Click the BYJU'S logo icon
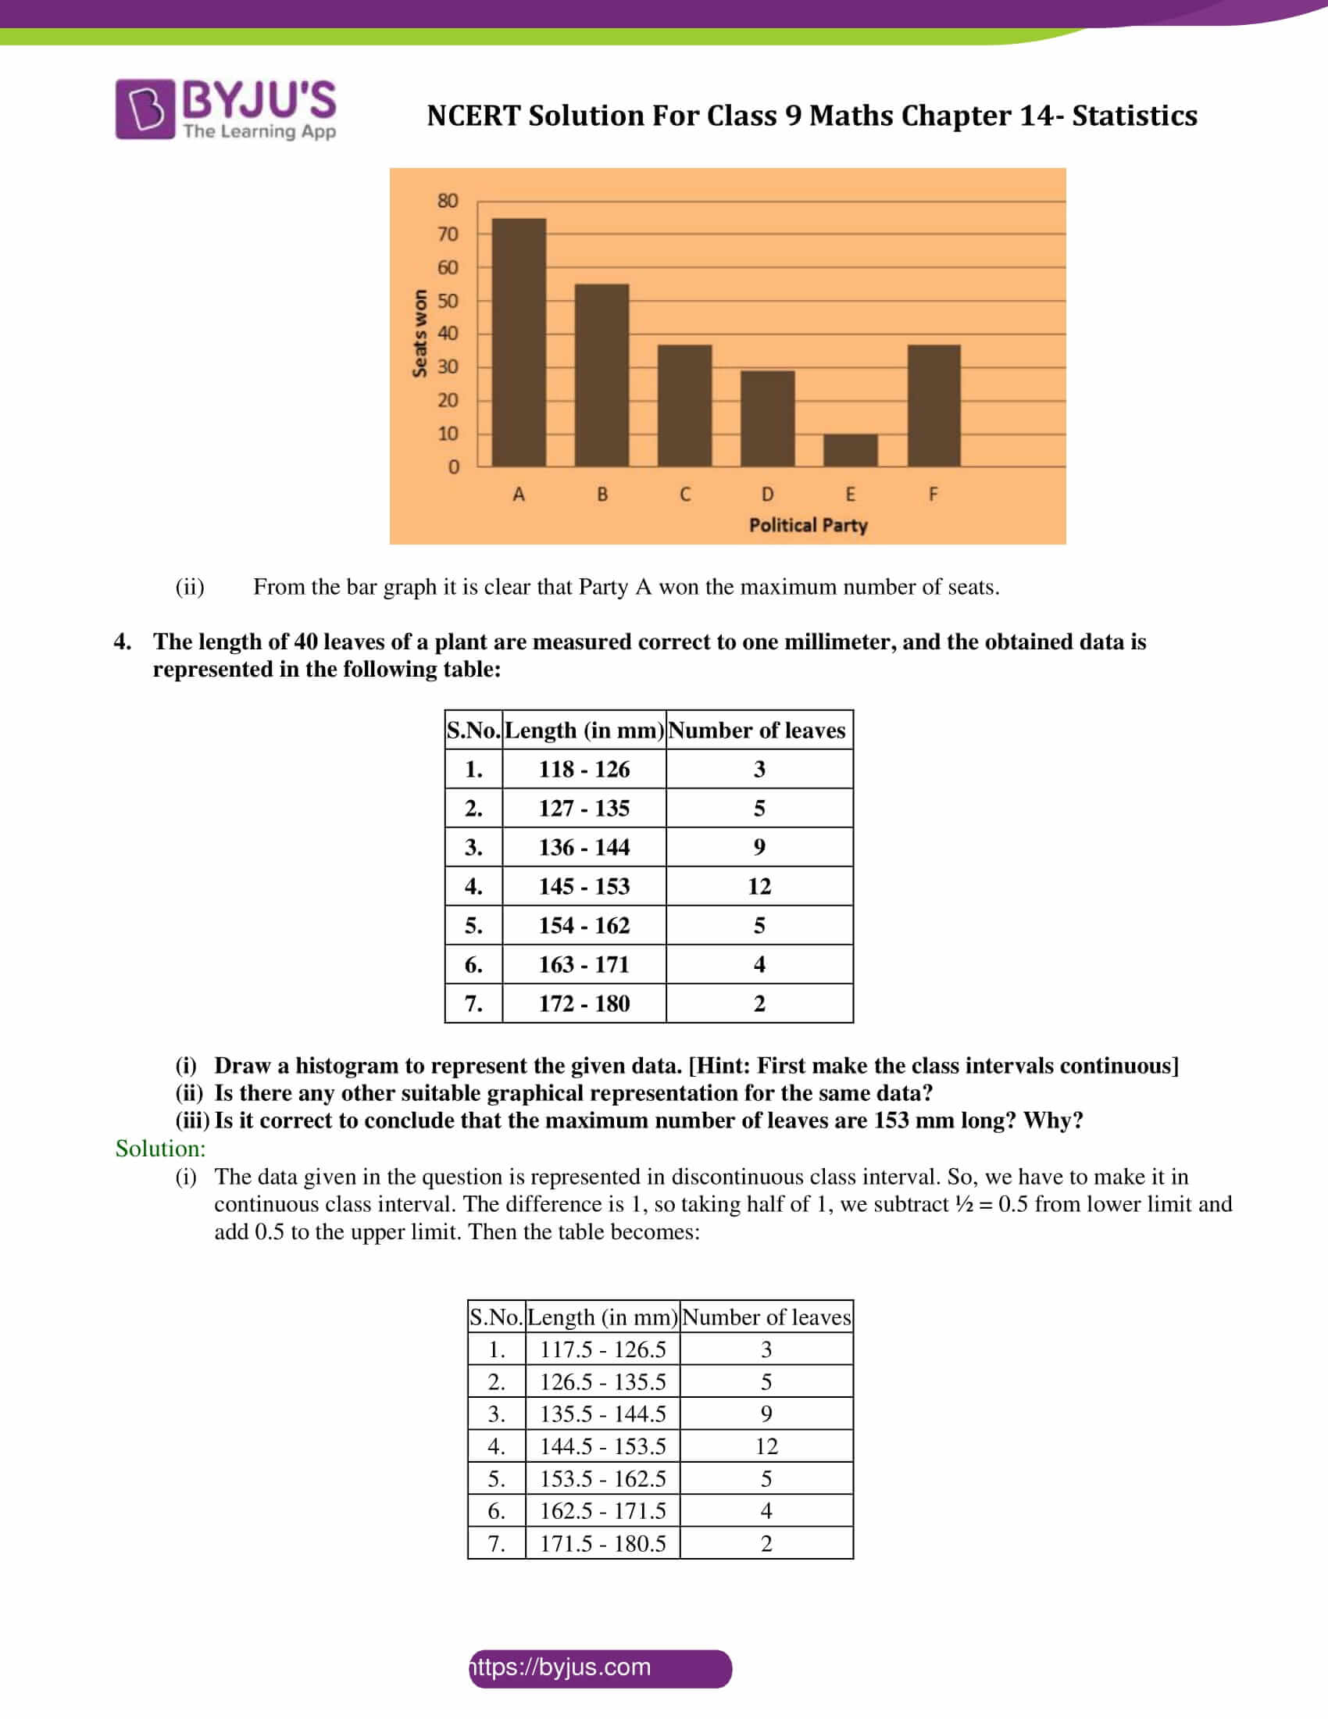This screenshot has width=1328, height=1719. [145, 109]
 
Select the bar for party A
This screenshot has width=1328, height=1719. [519, 342]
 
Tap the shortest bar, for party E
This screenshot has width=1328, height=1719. [851, 450]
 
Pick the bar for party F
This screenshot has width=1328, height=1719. [934, 406]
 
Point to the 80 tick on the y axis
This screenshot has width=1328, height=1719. [448, 201]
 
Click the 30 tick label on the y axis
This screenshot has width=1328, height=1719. [448, 366]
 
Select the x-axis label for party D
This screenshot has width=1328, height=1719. [767, 495]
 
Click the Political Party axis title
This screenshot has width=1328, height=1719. [808, 525]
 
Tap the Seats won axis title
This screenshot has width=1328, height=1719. [420, 334]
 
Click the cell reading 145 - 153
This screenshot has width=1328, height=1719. [584, 886]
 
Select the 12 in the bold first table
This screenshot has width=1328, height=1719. [759, 886]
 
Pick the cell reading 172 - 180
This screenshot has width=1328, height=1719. [584, 1003]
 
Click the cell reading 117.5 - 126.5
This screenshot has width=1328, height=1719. [602, 1350]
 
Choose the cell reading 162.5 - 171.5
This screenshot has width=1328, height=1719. [602, 1511]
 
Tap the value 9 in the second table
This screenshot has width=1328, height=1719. [766, 1414]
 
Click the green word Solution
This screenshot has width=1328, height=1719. [160, 1149]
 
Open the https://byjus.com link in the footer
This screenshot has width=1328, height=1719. [562, 1667]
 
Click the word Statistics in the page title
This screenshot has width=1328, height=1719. [1134, 116]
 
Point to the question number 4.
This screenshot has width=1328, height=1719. [122, 641]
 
